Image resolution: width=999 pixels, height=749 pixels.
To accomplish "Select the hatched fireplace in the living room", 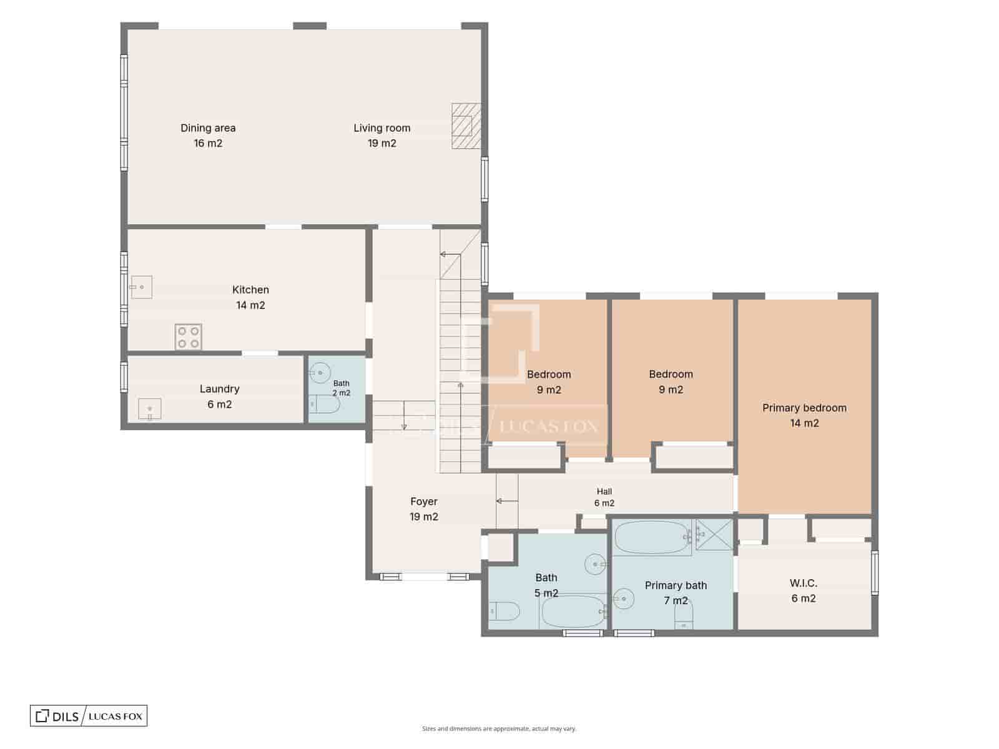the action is tap(466, 126).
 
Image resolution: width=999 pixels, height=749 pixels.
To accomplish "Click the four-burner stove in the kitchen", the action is tap(189, 337).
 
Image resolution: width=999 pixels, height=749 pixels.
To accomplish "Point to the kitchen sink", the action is tap(141, 287).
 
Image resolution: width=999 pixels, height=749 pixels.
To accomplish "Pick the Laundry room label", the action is tap(219, 389).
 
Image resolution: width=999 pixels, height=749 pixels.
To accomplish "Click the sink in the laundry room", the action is tap(150, 409).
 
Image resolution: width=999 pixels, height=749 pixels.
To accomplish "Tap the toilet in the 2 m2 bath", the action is tap(324, 404).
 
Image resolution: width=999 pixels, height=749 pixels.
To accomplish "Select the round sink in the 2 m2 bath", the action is tap(320, 373).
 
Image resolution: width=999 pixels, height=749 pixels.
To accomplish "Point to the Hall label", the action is tap(604, 491).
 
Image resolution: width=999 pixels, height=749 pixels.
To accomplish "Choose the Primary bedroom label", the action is tap(804, 408).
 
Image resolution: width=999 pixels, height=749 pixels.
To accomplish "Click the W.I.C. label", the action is tap(804, 582).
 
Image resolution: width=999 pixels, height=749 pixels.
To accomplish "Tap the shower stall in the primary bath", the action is tap(714, 534).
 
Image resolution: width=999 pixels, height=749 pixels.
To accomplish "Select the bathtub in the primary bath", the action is tap(652, 537).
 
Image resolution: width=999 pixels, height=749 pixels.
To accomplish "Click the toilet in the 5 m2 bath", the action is tap(504, 611).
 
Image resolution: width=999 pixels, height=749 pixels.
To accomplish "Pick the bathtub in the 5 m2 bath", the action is tap(573, 612).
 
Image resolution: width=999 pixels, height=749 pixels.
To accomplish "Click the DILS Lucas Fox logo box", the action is tap(89, 716).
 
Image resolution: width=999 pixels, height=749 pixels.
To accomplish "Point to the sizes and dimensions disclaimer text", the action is tap(499, 728).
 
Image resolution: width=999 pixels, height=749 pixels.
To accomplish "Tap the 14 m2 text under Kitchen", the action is tap(250, 305).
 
